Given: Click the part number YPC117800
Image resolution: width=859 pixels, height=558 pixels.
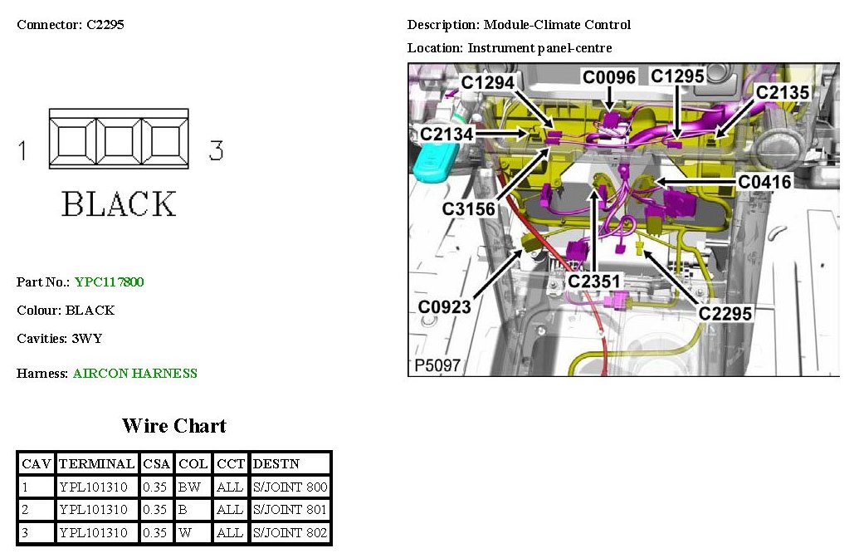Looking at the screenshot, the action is [109, 282].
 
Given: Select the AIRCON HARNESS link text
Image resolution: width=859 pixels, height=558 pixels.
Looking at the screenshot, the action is [135, 374].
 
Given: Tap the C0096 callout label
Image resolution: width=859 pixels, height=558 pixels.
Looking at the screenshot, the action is [609, 78].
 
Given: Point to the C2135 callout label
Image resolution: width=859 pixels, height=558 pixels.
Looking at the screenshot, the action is [783, 92].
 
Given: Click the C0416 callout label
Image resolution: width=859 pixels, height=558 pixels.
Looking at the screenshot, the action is [765, 181].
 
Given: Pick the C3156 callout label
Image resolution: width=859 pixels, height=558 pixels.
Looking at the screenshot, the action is [469, 209].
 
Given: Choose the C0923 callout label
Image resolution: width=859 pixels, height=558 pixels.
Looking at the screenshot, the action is [444, 307].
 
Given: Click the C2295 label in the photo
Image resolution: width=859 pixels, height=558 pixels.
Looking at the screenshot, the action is [725, 314].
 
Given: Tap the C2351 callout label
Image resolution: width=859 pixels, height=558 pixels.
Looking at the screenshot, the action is [594, 282].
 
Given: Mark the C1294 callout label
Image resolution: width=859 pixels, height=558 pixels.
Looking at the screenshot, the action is [489, 82].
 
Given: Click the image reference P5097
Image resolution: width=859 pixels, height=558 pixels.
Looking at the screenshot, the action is [437, 366].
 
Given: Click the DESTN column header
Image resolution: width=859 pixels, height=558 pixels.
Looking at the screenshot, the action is [276, 463].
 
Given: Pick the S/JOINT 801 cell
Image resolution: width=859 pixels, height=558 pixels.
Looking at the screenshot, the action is [290, 510].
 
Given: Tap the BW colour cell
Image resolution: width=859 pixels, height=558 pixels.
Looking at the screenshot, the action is [189, 487].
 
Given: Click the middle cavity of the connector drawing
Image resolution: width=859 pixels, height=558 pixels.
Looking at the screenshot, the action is [118, 139].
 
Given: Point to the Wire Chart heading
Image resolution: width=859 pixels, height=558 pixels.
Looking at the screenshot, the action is [173, 426].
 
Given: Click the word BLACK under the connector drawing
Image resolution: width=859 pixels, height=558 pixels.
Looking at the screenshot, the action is [120, 204].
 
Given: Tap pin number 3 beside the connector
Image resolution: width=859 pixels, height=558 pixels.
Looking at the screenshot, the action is [216, 150].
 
